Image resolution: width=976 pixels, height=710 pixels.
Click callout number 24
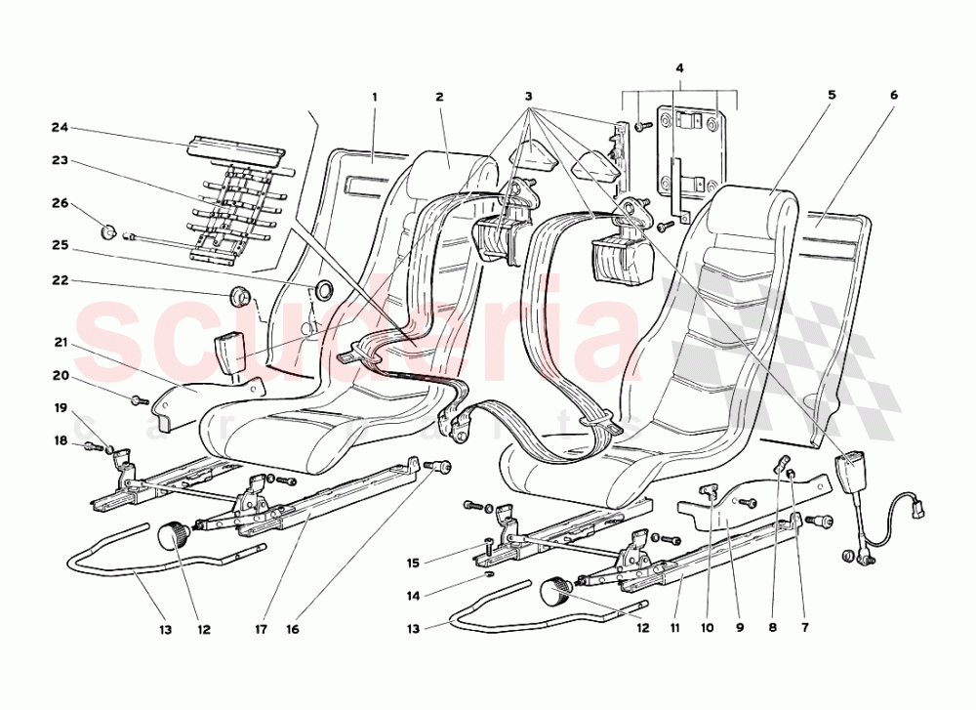[x=61, y=128]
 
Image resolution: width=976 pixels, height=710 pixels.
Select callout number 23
[x=61, y=160]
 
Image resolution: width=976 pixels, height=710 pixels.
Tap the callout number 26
[x=61, y=204]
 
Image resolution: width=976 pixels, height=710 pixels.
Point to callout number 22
[x=61, y=281]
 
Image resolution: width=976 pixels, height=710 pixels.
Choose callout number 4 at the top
[x=679, y=68]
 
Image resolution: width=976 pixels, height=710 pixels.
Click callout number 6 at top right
[x=893, y=96]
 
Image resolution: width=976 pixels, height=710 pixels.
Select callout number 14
[x=413, y=595]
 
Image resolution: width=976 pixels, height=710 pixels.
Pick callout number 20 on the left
[x=61, y=375]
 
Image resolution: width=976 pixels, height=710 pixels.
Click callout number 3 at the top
[x=528, y=97]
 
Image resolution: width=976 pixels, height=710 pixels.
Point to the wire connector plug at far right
[x=915, y=509]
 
